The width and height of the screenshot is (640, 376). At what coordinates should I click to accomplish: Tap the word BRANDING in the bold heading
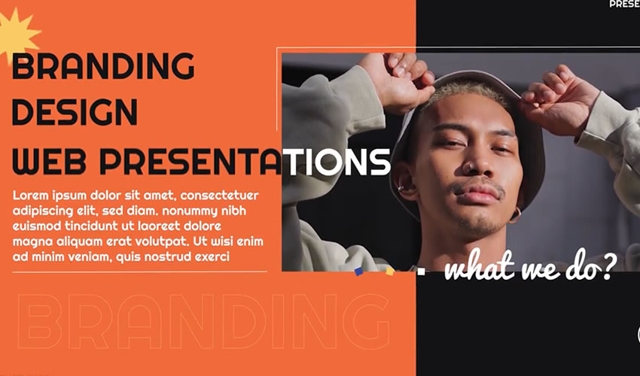point(103,68)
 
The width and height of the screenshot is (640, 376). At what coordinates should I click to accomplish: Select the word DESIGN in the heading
point(75,112)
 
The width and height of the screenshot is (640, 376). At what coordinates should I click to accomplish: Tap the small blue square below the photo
point(359,271)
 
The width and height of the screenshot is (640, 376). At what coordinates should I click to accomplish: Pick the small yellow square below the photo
point(389,271)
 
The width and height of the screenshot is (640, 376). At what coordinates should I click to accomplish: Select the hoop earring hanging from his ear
point(515,217)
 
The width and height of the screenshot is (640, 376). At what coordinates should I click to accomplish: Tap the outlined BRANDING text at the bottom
point(203,322)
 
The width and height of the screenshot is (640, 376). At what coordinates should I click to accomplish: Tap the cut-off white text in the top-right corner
point(624,4)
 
